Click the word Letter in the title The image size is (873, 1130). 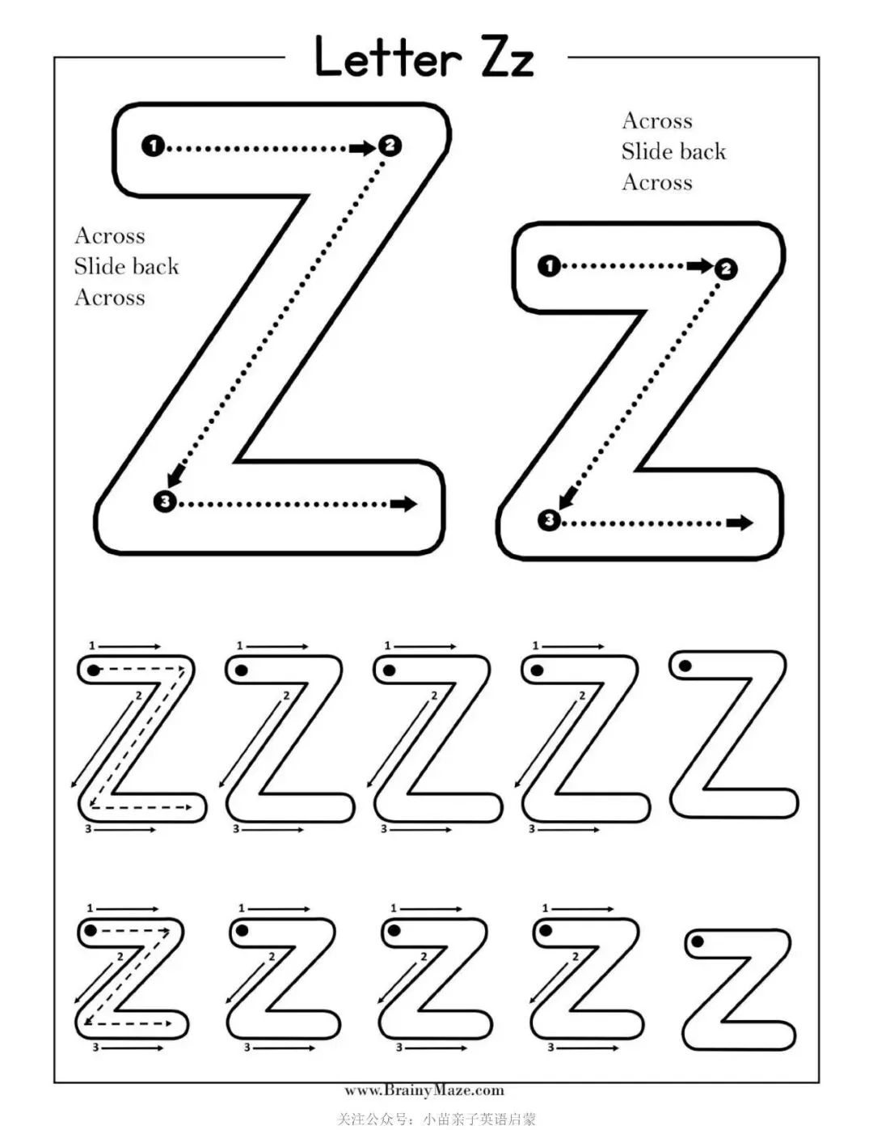[387, 58]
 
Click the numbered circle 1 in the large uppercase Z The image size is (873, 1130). [153, 146]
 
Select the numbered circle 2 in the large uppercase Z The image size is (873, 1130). [390, 146]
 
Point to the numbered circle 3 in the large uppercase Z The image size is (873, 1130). [164, 502]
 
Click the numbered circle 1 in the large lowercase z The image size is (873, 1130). [549, 265]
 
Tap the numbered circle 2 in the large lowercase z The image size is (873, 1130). [726, 269]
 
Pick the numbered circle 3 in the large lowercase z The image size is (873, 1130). [549, 519]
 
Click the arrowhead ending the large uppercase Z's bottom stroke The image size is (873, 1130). [404, 504]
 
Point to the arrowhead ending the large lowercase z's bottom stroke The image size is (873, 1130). [740, 523]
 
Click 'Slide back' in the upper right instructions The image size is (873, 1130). [673, 152]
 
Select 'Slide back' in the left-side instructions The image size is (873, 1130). [126, 267]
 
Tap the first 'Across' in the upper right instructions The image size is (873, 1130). [657, 121]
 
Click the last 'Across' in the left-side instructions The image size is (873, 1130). [110, 298]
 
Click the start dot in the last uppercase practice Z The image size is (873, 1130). [685, 667]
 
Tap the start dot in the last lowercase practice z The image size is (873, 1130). [697, 941]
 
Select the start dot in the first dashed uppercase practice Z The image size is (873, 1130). [94, 671]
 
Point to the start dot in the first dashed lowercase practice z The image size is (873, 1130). [91, 931]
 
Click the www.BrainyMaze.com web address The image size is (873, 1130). [424, 1090]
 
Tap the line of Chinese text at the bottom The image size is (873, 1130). [436, 1119]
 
